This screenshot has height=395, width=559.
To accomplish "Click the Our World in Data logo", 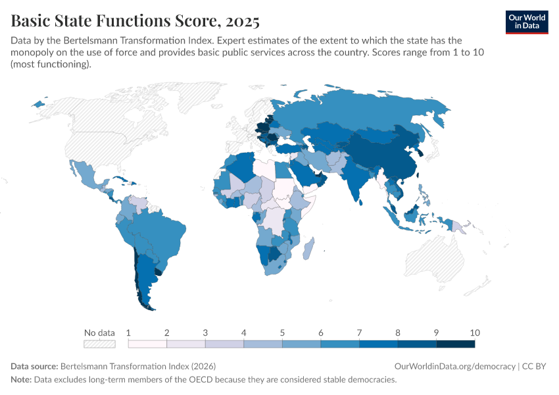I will pyautogui.click(x=527, y=22).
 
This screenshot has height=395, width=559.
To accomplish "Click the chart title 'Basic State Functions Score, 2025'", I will pyautogui.click(x=135, y=21).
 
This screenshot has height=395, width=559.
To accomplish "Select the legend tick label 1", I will pyautogui.click(x=128, y=332).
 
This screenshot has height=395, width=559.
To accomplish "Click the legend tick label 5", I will pyautogui.click(x=282, y=332).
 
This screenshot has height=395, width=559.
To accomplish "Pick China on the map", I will pyautogui.click(x=388, y=155).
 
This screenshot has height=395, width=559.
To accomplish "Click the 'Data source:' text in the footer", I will pyautogui.click(x=34, y=366).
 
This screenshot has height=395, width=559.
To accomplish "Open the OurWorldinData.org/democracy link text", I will pyautogui.click(x=454, y=366).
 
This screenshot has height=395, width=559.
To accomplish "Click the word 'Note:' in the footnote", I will pyautogui.click(x=21, y=380).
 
